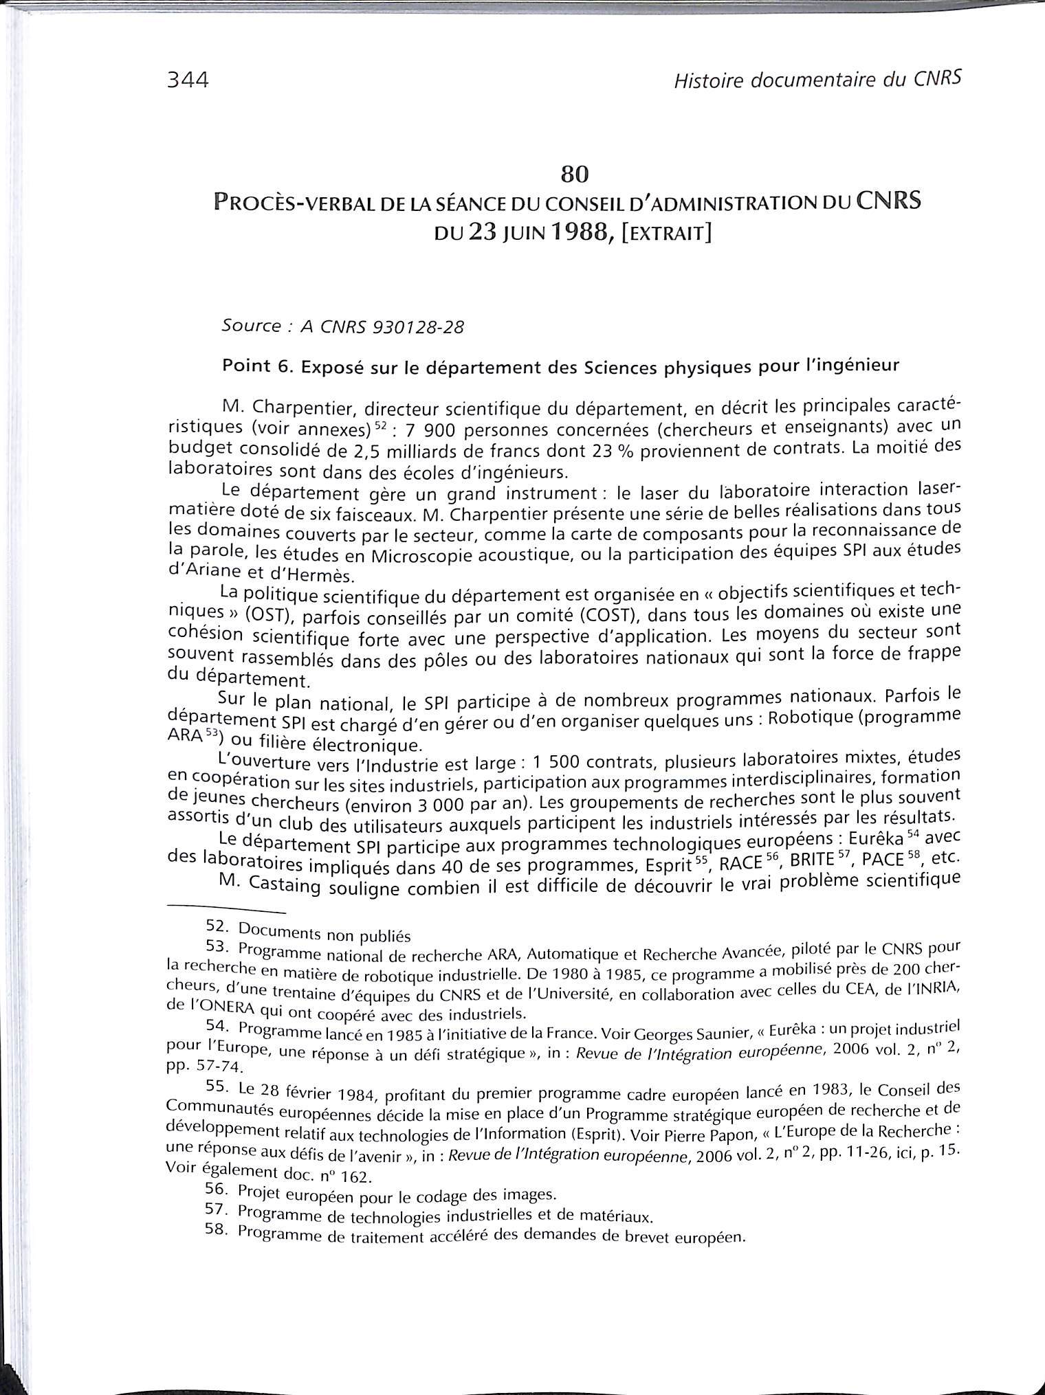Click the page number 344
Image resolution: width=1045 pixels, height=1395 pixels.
coord(187,80)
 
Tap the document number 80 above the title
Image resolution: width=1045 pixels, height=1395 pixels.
coord(575,175)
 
